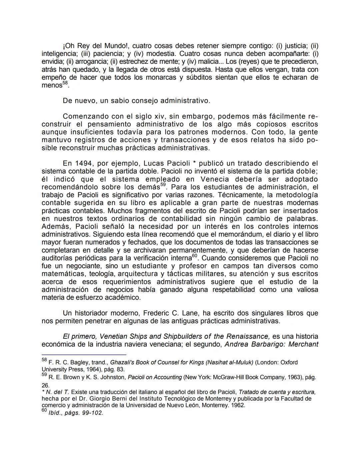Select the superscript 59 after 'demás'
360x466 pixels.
(163, 185)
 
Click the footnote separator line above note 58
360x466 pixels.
(84, 355)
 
